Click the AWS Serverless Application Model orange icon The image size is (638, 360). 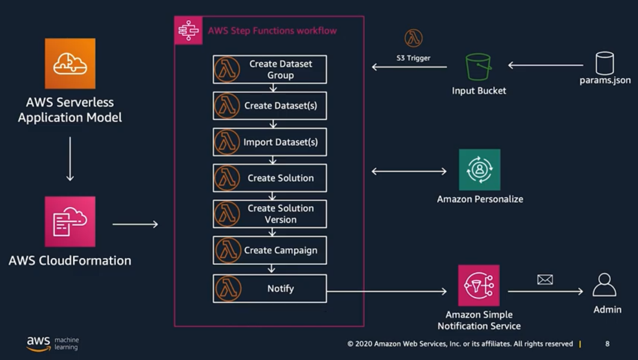[x=70, y=64]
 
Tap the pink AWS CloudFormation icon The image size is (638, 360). [x=70, y=221]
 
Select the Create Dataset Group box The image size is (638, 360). [x=270, y=69]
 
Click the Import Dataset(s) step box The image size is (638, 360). [x=270, y=142]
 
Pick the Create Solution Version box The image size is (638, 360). [x=270, y=214]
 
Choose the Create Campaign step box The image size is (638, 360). [x=270, y=250]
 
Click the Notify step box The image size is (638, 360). [x=270, y=288]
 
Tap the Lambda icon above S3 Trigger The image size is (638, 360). [x=413, y=38]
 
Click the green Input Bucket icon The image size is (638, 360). [x=478, y=67]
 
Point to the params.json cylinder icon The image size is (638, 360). [x=604, y=63]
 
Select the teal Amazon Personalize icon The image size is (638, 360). [x=480, y=170]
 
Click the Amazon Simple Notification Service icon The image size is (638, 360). [x=479, y=285]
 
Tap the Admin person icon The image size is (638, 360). [x=604, y=285]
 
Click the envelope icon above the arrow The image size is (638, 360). [x=545, y=280]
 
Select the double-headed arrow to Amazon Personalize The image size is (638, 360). [x=409, y=172]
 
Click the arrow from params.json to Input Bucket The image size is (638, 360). [x=546, y=65]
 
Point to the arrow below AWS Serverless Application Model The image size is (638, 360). [x=70, y=158]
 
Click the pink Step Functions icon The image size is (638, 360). [x=188, y=30]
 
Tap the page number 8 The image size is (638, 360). [x=608, y=344]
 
